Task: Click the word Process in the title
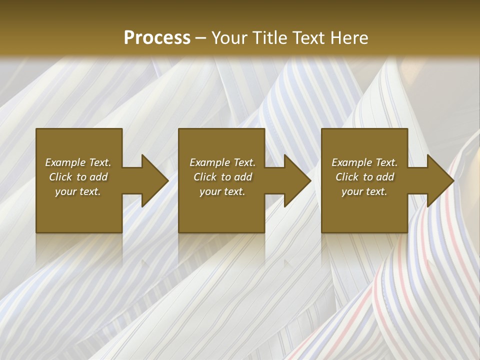(x=157, y=38)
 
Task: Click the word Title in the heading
(x=267, y=38)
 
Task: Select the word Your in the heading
(x=229, y=38)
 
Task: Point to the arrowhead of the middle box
(x=297, y=180)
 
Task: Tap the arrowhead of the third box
(x=440, y=180)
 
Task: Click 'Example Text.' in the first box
(x=78, y=162)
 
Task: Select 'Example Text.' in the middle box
(x=222, y=162)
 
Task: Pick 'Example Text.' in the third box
(x=364, y=162)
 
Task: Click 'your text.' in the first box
(x=78, y=191)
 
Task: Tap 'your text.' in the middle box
(x=222, y=191)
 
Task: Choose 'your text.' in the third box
(x=364, y=191)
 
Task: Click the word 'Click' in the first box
(x=60, y=177)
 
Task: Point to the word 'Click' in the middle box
(x=205, y=177)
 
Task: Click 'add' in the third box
(x=385, y=177)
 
